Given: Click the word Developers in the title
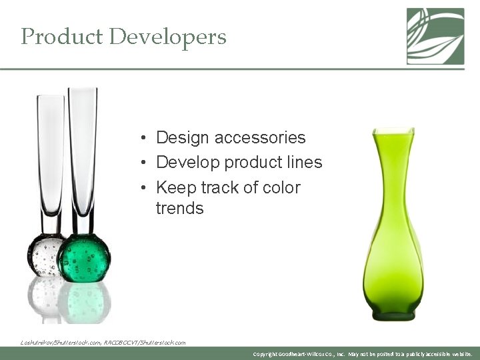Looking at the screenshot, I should pos(167,37).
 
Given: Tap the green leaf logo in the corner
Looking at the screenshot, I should pos(435,36).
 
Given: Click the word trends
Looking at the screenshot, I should pos(179,209).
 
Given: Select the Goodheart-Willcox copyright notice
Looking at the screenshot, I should pos(363,354).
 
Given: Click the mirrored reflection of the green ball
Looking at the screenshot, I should pos(84,297).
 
